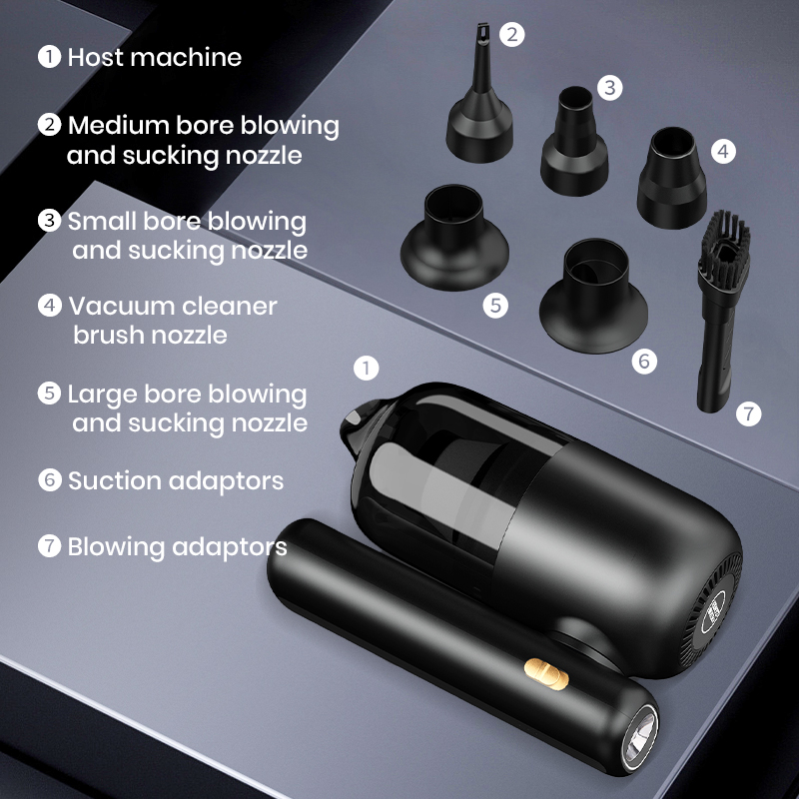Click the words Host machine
pyautogui.click(x=154, y=57)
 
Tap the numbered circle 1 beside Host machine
pyautogui.click(x=49, y=56)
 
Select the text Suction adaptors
pyautogui.click(x=175, y=480)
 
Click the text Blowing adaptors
pyautogui.click(x=177, y=546)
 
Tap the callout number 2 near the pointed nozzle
pyautogui.click(x=512, y=35)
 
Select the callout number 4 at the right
pyautogui.click(x=723, y=151)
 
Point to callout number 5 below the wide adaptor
pyautogui.click(x=496, y=305)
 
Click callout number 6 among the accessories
pyautogui.click(x=644, y=361)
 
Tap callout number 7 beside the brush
pyautogui.click(x=748, y=412)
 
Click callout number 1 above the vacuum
pyautogui.click(x=368, y=368)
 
